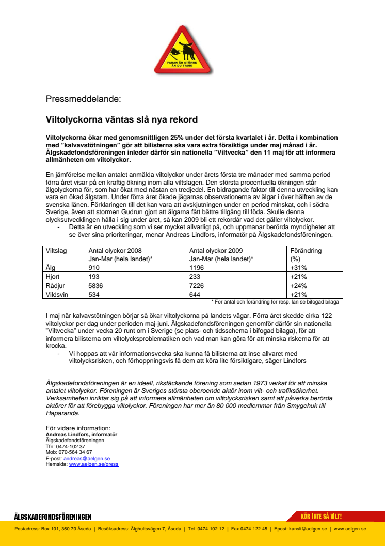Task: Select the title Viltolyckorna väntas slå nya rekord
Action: (x=122, y=119)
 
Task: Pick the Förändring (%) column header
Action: (x=306, y=254)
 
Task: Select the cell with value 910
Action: (x=95, y=267)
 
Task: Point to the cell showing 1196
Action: (x=197, y=267)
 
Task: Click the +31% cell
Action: (x=299, y=267)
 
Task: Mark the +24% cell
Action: (x=299, y=285)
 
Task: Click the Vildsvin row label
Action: (x=57, y=294)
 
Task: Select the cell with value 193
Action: (x=95, y=276)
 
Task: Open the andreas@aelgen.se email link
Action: (x=86, y=458)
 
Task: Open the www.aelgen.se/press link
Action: (x=93, y=464)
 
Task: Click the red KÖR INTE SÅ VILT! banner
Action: (x=321, y=516)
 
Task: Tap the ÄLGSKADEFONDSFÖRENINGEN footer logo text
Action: (x=53, y=517)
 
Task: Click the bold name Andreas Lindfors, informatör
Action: (x=82, y=435)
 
